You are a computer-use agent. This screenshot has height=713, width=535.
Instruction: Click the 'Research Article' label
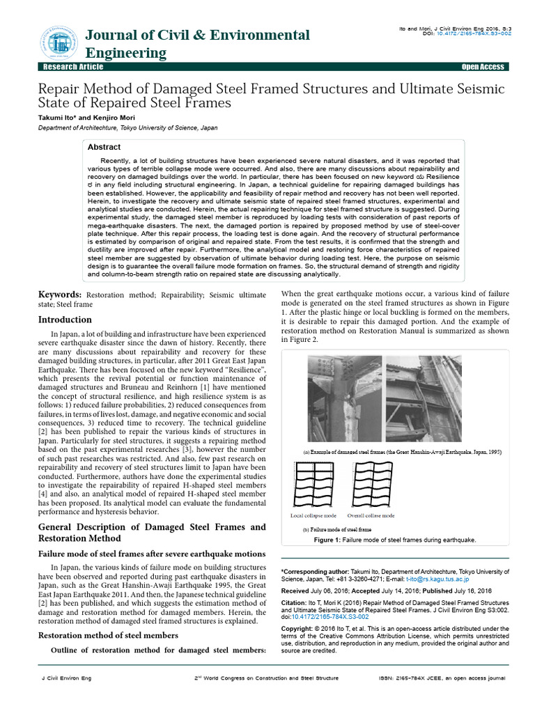(73, 67)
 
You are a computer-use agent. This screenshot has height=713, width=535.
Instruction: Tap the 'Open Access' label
(482, 67)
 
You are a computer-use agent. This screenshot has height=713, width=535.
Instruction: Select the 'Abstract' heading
(104, 148)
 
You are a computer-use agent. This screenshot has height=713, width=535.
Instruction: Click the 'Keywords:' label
(59, 295)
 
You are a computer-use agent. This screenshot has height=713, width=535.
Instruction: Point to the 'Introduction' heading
(64, 320)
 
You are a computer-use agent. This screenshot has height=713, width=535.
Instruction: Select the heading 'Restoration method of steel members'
(108, 635)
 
